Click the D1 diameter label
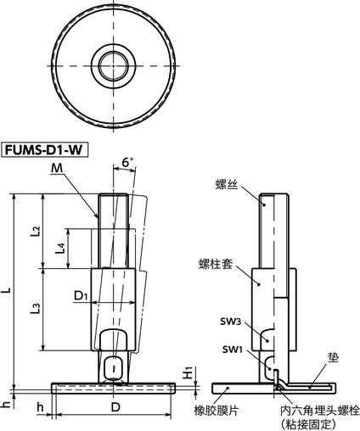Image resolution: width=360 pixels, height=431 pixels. tap(82, 295)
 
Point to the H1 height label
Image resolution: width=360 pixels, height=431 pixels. tap(188, 374)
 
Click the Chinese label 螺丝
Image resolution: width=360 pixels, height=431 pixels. tap(227, 183)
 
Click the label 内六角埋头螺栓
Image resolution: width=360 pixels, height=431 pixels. tap(319, 410)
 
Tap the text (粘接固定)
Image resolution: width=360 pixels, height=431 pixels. tap(318, 423)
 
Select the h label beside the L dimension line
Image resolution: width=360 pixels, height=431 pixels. tap(8, 405)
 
